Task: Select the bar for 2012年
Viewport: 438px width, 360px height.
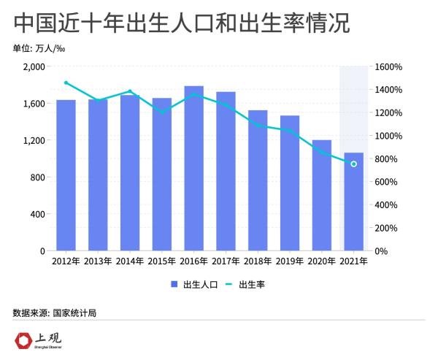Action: pos(66,175)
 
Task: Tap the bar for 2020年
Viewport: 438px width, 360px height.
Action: pos(321,195)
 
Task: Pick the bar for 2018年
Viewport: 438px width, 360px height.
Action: pos(258,180)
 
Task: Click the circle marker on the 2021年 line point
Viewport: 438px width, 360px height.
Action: pos(353,164)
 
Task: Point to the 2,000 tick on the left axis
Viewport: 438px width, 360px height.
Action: pos(34,66)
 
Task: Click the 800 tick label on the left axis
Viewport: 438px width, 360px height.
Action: pos(38,177)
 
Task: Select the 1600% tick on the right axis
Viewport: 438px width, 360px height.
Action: pos(388,66)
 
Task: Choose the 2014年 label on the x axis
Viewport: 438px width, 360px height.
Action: pos(129,261)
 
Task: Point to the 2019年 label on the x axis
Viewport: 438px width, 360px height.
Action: pos(290,261)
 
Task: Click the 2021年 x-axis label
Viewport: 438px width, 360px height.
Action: pos(353,261)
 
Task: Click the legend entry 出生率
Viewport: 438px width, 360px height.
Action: pos(244,284)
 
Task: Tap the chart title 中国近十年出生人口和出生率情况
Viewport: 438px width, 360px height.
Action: pos(181,23)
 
